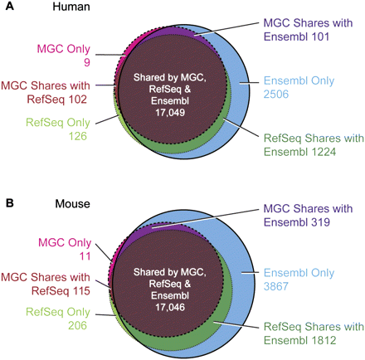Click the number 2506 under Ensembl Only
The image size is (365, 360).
[x=276, y=96]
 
